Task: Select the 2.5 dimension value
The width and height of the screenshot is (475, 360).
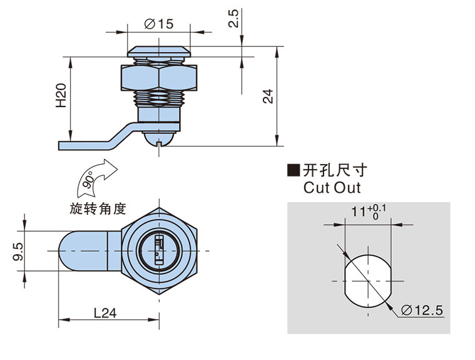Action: [x=233, y=19]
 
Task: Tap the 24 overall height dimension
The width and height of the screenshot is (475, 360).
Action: [x=267, y=96]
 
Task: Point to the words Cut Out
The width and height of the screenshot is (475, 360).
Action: [x=332, y=187]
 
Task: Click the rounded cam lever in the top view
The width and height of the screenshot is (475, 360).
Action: [x=81, y=250]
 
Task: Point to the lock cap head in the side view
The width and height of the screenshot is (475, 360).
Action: [x=156, y=49]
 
